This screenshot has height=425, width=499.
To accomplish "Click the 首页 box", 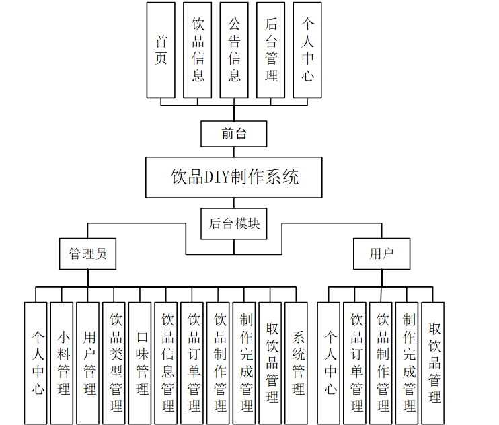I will pyautogui.click(x=161, y=50).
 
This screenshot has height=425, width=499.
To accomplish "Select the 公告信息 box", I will pyautogui.click(x=234, y=50).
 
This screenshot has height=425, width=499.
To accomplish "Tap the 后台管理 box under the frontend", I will pyautogui.click(x=271, y=50).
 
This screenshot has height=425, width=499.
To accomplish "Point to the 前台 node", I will pyautogui.click(x=234, y=134).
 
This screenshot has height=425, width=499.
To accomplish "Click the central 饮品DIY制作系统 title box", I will pyautogui.click(x=234, y=178).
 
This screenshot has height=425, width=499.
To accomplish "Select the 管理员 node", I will pyautogui.click(x=87, y=254).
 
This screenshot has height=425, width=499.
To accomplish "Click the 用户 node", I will pyautogui.click(x=381, y=254).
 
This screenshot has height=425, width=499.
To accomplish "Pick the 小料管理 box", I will pyautogui.click(x=63, y=362).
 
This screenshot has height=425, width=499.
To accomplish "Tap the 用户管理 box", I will pyautogui.click(x=88, y=362).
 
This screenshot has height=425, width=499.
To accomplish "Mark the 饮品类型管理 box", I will pyautogui.click(x=114, y=362).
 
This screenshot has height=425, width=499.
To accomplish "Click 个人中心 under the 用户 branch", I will pyautogui.click(x=329, y=362).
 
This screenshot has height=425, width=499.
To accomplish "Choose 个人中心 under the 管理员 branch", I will pyautogui.click(x=36, y=362).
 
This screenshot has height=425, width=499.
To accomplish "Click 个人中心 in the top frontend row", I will pyautogui.click(x=307, y=50).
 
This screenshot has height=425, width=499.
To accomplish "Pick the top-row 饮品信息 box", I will pyautogui.click(x=198, y=50).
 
